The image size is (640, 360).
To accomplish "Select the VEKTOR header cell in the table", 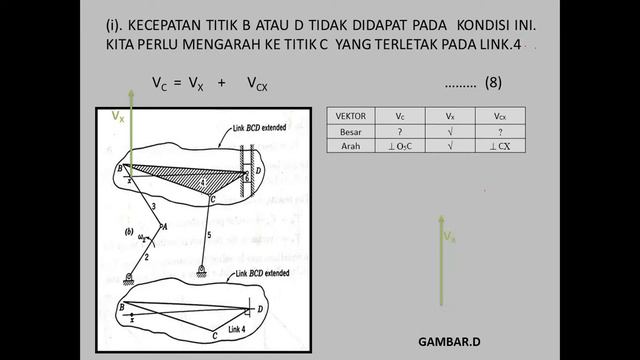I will [352, 116].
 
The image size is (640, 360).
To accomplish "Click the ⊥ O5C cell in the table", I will [400, 146].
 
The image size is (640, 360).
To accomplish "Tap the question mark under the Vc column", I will [400, 131].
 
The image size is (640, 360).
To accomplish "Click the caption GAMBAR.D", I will [449, 340].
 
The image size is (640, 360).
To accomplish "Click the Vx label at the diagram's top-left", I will [119, 116].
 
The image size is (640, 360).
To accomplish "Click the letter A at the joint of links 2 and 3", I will [166, 228].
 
